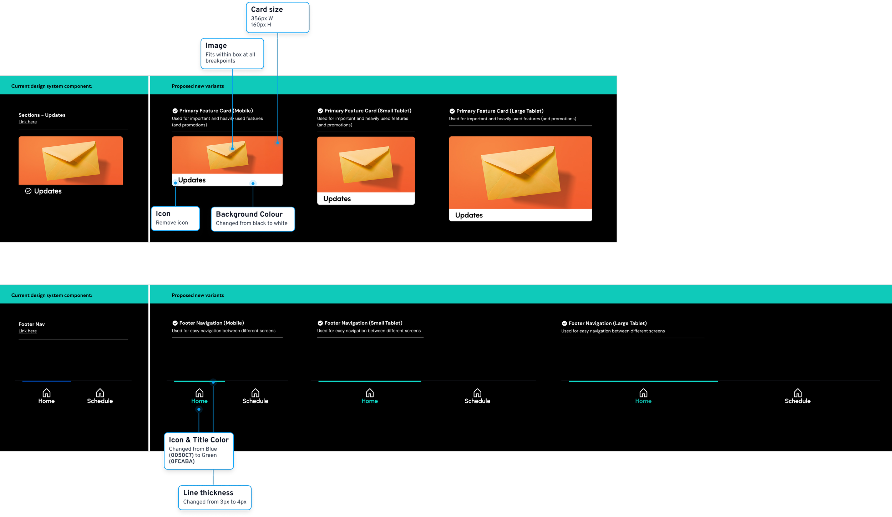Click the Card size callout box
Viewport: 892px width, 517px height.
point(277,17)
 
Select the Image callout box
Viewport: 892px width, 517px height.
point(232,53)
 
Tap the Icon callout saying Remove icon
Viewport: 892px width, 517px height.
point(175,218)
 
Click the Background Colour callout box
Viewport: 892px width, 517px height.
point(253,219)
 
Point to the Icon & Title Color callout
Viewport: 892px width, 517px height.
point(198,451)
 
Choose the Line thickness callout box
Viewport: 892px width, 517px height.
point(214,497)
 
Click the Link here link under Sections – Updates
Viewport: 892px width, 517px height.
point(27,122)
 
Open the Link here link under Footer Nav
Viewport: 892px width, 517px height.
point(27,331)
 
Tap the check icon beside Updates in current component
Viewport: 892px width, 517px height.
point(28,191)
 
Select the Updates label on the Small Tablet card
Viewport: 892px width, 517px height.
point(337,199)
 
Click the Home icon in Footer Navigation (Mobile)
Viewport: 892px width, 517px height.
point(199,393)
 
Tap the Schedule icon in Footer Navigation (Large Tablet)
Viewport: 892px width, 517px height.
point(797,393)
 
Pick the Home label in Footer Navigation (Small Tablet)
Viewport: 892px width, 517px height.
point(369,401)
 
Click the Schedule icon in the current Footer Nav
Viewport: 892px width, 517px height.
point(100,393)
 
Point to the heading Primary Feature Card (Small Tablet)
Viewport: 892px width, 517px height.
point(368,111)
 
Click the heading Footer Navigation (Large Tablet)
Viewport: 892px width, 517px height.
point(607,323)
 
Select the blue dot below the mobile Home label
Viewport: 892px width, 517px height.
point(199,409)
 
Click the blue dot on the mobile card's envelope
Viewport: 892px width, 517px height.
point(232,149)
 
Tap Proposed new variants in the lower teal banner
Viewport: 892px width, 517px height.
point(198,295)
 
